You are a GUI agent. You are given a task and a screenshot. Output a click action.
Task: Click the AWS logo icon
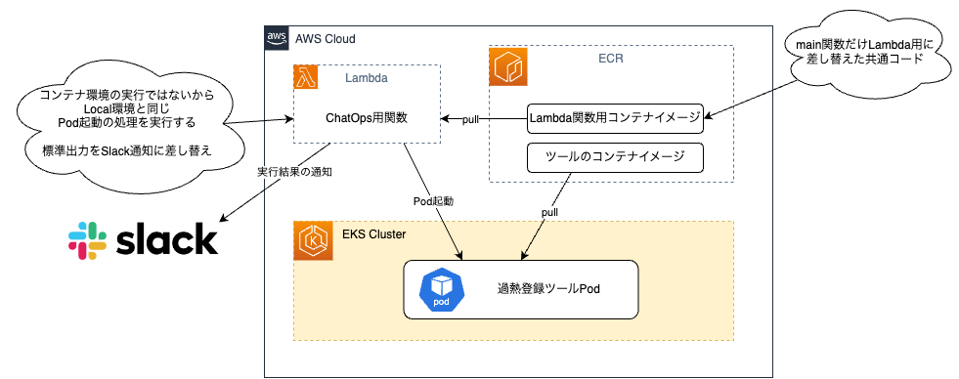click(276, 38)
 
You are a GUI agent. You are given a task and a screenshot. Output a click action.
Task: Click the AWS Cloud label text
click(325, 39)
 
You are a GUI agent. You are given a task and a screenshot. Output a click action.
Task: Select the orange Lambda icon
click(305, 77)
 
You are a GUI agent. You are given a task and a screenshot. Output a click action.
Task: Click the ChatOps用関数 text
click(367, 118)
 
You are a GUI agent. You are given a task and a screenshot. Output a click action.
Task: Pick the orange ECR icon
click(507, 65)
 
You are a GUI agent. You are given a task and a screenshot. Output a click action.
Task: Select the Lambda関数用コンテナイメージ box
click(615, 118)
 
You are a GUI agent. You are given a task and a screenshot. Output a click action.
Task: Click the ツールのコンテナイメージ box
click(615, 156)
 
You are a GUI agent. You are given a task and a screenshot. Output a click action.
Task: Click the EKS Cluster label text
click(373, 235)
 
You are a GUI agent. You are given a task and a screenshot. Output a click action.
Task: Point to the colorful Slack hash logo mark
click(87, 240)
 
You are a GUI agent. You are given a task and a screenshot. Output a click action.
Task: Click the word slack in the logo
click(166, 240)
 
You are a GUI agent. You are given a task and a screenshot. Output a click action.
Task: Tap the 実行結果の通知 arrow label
click(294, 172)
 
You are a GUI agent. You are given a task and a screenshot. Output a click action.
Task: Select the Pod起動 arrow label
click(433, 200)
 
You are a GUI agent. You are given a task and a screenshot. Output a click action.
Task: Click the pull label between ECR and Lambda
click(470, 119)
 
